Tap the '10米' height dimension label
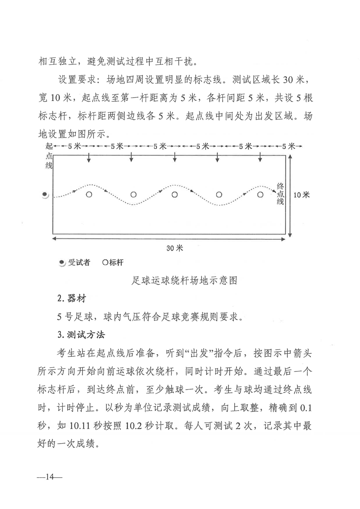coord(301,195)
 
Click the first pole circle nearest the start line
coord(89,195)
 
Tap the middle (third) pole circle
coord(175,195)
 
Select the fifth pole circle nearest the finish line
coord(260,195)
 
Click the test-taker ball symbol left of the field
coord(45,195)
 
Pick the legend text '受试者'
coord(79,262)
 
